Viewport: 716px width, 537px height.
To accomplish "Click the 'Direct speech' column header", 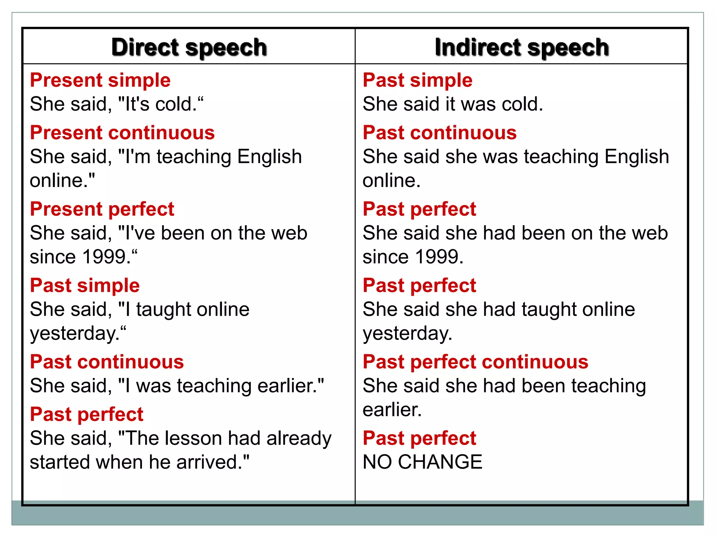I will pos(189,47).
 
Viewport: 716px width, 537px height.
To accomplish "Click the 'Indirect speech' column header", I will pos(522,47).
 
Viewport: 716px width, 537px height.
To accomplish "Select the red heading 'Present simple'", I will pos(100,80).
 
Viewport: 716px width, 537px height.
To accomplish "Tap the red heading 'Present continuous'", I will pos(122,133).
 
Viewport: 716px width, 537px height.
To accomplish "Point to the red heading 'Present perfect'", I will pos(102,209).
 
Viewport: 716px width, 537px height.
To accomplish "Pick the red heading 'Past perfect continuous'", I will pos(475,362).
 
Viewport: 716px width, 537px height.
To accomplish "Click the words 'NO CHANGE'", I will pos(422,462).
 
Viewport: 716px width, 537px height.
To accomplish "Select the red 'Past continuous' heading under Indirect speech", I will pos(439,133).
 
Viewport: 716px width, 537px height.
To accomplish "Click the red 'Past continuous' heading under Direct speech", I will pos(107,362).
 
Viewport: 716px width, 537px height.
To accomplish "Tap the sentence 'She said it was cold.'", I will pos(453,104).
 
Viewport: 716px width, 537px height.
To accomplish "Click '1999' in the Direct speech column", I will pos(104,257).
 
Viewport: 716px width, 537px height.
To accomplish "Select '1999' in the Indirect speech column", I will pos(437,257).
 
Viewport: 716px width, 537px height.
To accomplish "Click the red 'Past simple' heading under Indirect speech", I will pos(417,80).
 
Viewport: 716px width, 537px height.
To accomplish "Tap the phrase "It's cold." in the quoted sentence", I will pos(161,104).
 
